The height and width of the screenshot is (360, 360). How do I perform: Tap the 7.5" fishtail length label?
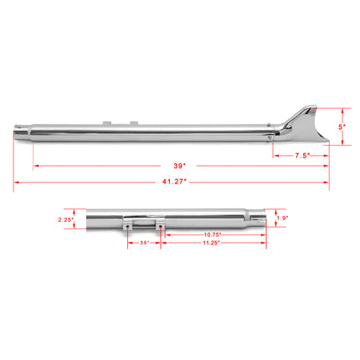coord(301,156)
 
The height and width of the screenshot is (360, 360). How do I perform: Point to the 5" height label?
coord(341,126)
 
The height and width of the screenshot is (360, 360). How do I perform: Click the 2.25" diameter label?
coord(66,221)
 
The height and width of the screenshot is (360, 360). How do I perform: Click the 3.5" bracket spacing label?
coord(144,244)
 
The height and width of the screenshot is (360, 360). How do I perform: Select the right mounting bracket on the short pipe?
coord(158,225)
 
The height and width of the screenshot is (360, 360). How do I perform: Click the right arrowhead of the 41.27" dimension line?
coord(325,181)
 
